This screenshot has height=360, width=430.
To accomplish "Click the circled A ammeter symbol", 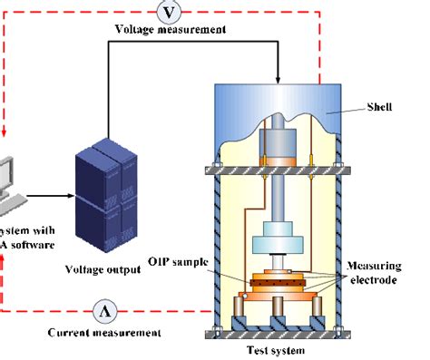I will (108, 310).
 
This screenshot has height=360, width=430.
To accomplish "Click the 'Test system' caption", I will (277, 350).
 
